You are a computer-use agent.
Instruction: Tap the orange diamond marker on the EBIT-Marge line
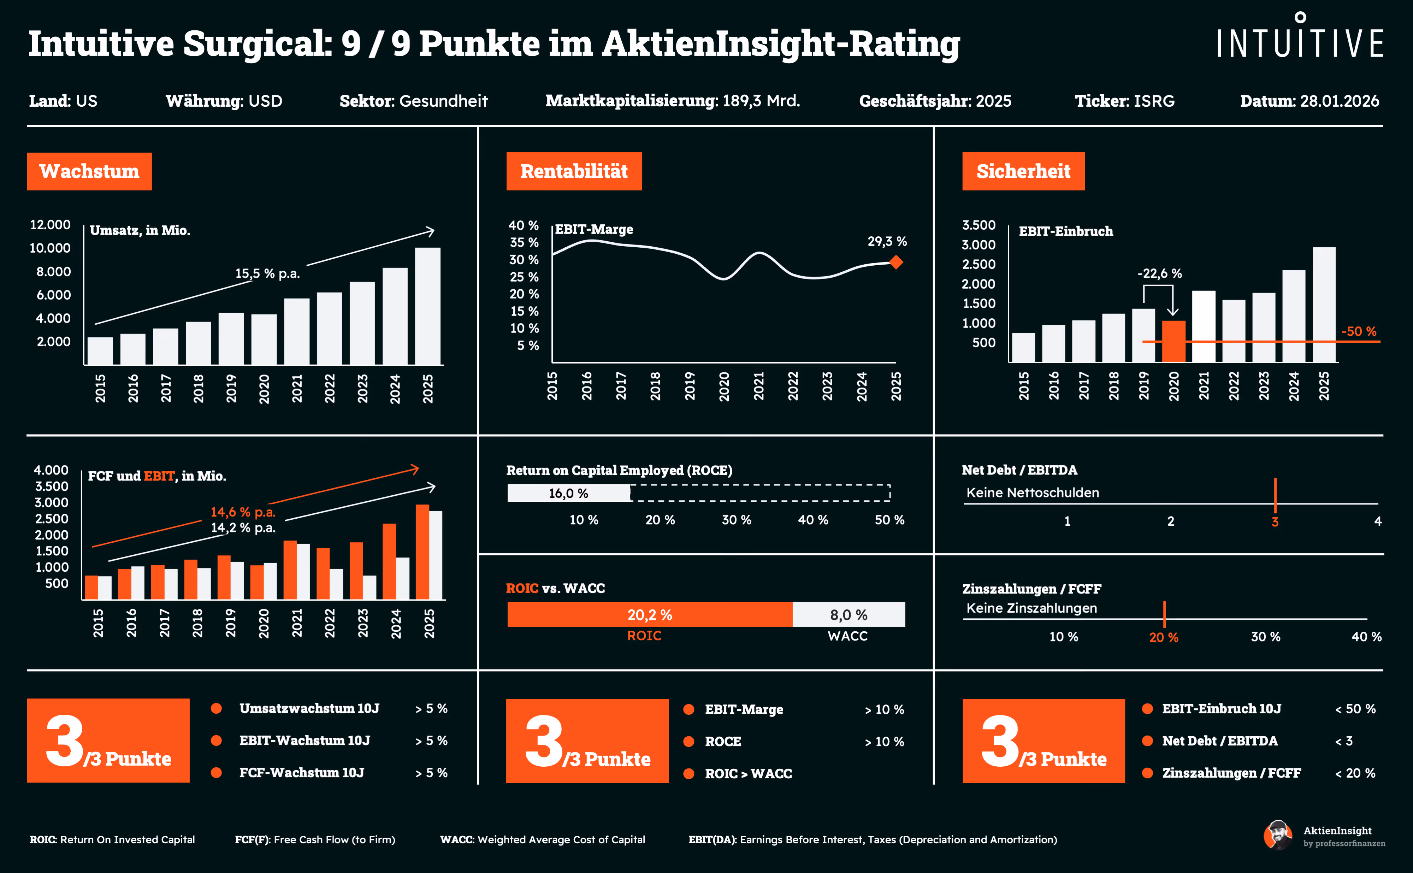(x=896, y=263)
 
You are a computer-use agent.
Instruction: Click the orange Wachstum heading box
(x=89, y=171)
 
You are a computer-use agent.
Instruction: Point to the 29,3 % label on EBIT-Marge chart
(x=887, y=241)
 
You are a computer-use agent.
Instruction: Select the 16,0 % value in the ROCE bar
(x=568, y=494)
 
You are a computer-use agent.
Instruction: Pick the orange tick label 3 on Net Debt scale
(x=1275, y=522)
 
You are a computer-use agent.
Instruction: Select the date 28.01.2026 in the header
(x=1339, y=101)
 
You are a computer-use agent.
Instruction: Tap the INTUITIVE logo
(x=1300, y=37)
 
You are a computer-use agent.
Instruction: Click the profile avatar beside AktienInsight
(x=1277, y=835)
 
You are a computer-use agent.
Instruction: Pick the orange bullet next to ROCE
(x=688, y=741)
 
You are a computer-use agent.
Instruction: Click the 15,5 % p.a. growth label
(x=267, y=274)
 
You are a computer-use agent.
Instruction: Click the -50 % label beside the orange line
(x=1358, y=331)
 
